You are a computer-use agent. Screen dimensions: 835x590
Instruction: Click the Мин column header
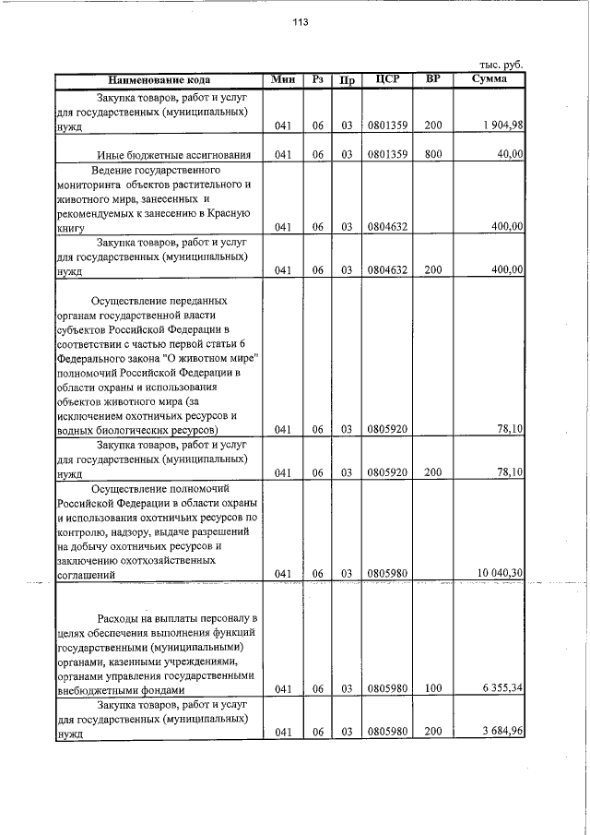[x=283, y=79]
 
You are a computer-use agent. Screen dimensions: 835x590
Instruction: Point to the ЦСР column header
[x=387, y=79]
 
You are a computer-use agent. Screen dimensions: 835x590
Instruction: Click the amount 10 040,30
[x=500, y=573]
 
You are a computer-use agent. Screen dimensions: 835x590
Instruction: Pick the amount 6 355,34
[x=501, y=689]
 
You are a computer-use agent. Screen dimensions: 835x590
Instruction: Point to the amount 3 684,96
[x=501, y=733]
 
